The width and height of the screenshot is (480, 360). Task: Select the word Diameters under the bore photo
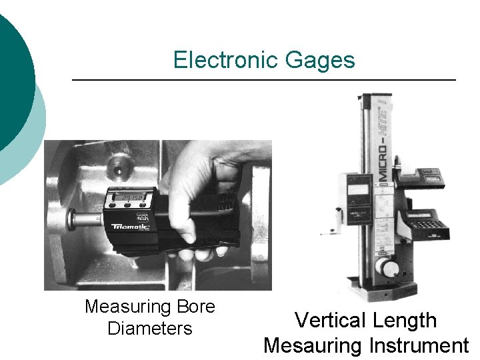pos(149,329)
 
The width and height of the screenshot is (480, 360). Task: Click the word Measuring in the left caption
pos(128,307)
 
